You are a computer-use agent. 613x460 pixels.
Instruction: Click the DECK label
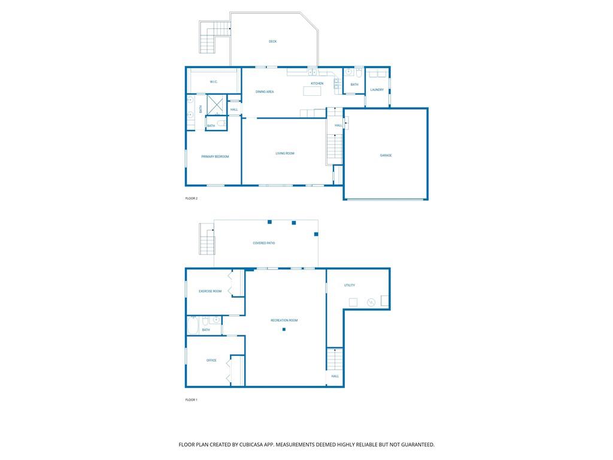[x=272, y=41]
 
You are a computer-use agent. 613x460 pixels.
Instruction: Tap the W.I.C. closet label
[x=214, y=81]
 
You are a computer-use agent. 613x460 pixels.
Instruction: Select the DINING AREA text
[x=265, y=92]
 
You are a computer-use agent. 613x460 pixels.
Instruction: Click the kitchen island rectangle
[x=312, y=91]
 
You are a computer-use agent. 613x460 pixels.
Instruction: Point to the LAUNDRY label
[x=377, y=90]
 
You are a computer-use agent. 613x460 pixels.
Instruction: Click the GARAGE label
[x=386, y=156]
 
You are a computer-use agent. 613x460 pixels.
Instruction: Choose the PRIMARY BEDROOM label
[x=215, y=157]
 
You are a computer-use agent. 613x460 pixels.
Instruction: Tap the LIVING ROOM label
[x=285, y=154]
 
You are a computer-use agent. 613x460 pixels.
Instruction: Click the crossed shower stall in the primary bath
[x=215, y=105]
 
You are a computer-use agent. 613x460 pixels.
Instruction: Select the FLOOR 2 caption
[x=191, y=199]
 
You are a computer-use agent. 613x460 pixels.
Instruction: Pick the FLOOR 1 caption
[x=191, y=400]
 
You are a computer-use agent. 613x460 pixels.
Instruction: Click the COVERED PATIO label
[x=264, y=243]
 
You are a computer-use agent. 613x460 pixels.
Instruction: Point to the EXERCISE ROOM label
[x=210, y=292]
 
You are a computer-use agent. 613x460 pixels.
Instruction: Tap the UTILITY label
[x=350, y=286]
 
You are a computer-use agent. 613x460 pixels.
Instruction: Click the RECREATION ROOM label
[x=284, y=321]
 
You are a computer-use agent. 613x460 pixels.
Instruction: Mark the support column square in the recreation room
[x=284, y=329]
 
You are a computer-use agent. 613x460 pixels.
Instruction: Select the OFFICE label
[x=211, y=361]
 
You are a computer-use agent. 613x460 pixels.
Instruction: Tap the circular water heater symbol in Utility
[x=371, y=302]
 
